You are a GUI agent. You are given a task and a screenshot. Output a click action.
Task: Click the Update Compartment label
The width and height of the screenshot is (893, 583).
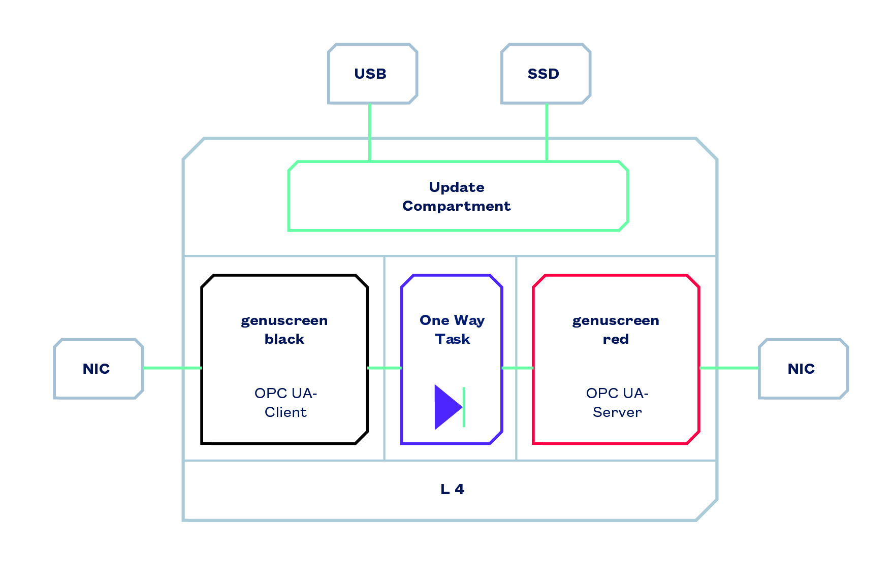[457, 197]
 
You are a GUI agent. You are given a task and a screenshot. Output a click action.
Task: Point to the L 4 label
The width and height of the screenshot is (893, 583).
[452, 489]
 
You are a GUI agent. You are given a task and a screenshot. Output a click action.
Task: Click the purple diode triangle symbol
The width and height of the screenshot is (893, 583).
[447, 407]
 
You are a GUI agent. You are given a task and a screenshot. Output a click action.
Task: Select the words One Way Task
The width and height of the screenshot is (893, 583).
[452, 330]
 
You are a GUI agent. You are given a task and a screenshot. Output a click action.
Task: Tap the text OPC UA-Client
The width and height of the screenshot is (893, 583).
[285, 402]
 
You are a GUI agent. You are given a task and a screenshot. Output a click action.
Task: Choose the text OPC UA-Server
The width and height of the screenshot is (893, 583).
[617, 402]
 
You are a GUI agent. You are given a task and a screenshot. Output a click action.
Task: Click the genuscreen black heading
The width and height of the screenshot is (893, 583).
[284, 330]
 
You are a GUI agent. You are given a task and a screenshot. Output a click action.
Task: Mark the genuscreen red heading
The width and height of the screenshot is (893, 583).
[616, 330]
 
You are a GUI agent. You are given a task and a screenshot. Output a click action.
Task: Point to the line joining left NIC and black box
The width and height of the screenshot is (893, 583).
[173, 368]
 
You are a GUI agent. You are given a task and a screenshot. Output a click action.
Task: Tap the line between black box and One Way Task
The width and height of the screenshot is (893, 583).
[385, 368]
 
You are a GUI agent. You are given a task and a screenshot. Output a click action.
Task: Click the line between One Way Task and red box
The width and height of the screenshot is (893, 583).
[517, 368]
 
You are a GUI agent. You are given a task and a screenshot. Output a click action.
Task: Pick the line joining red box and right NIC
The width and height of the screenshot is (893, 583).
[729, 368]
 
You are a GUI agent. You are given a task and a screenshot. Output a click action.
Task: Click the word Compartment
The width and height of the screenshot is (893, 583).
[457, 206]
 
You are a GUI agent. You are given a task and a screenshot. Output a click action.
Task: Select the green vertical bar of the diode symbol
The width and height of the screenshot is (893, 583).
[464, 407]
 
